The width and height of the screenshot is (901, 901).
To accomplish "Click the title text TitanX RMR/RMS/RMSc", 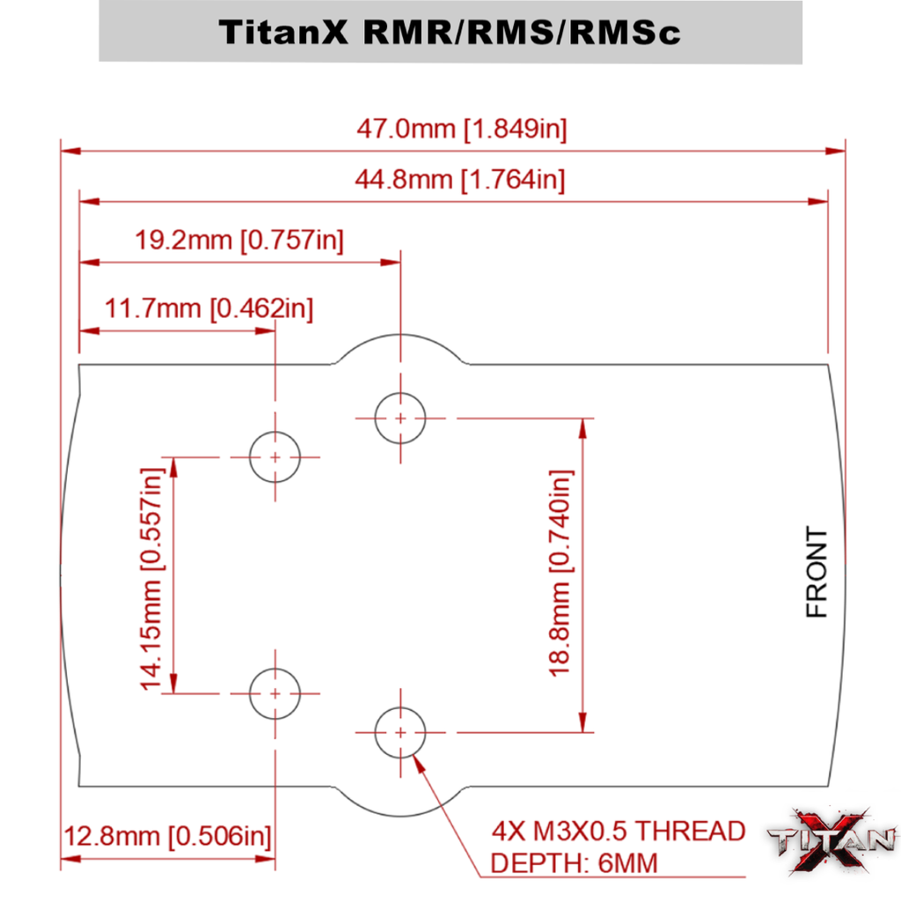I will pyautogui.click(x=450, y=32).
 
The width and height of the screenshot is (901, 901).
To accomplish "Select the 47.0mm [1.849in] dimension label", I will pyautogui.click(x=461, y=129).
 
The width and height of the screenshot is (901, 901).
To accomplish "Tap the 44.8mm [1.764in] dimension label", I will pyautogui.click(x=459, y=180).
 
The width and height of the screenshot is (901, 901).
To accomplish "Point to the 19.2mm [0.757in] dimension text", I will pyautogui.click(x=238, y=239).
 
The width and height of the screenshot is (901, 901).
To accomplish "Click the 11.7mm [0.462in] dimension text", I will pyautogui.click(x=208, y=309).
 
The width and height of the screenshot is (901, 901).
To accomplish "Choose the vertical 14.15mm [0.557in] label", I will pyautogui.click(x=152, y=578).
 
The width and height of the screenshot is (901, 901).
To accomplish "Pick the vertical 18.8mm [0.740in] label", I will pyautogui.click(x=560, y=573).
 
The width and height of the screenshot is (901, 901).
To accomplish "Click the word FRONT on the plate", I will pyautogui.click(x=817, y=573).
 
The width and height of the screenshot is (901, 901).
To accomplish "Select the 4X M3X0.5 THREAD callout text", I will pyautogui.click(x=619, y=831).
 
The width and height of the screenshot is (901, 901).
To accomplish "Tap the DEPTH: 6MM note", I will pyautogui.click(x=574, y=863).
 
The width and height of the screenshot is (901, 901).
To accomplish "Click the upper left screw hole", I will pyautogui.click(x=275, y=458).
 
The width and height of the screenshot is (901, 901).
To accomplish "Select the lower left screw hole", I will pyautogui.click(x=275, y=693).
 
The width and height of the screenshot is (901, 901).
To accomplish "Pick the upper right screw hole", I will pyautogui.click(x=400, y=418).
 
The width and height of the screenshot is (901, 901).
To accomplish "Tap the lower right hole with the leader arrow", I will pyautogui.click(x=400, y=732).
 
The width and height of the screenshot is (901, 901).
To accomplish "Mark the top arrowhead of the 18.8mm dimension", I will pyautogui.click(x=581, y=427).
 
